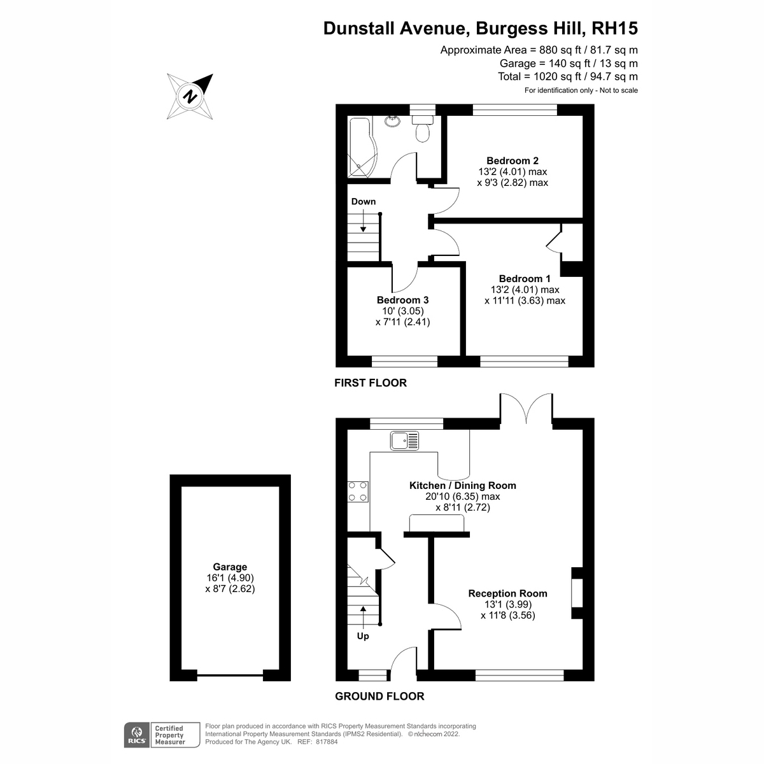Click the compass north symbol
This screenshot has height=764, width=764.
[x=190, y=96]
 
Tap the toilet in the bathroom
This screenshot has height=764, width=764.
[x=423, y=129]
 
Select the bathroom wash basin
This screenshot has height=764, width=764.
[x=393, y=120]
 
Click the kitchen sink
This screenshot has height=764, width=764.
[x=404, y=441]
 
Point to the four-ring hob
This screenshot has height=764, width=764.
[x=358, y=492]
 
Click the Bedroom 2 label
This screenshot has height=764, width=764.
[x=513, y=160]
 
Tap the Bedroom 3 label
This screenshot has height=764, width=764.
[x=402, y=300]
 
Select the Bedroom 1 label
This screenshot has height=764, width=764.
[x=525, y=278]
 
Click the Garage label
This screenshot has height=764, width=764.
[x=230, y=567]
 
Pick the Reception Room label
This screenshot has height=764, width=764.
[x=507, y=593]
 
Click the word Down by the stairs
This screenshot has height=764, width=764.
[x=363, y=201]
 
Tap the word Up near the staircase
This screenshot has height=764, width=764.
[x=363, y=636]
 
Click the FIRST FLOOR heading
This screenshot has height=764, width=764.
[x=371, y=383]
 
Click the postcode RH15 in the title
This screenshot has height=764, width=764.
[x=614, y=28]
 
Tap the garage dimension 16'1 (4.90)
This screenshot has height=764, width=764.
[x=230, y=577]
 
